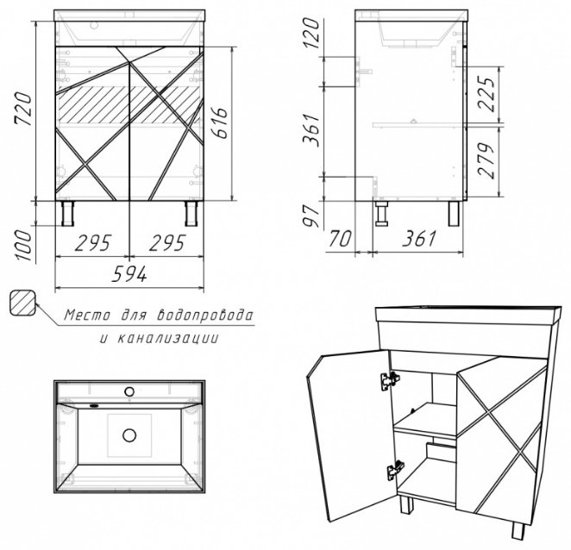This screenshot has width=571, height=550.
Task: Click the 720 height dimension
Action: pyautogui.click(x=23, y=109)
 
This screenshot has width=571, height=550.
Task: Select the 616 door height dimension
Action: pyautogui.click(x=220, y=123)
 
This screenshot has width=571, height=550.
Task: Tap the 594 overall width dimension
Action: pyautogui.click(x=129, y=274)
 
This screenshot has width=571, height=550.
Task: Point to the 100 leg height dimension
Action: pyautogui.click(x=24, y=246)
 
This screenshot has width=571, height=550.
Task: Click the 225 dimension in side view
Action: pyautogui.click(x=486, y=94)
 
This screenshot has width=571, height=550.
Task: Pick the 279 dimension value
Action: pyautogui.click(x=486, y=160)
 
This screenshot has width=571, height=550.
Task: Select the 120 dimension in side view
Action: pyautogui.click(x=311, y=33)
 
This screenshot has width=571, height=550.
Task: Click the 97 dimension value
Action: pyautogui.click(x=311, y=216)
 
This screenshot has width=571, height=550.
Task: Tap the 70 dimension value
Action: pyautogui.click(x=340, y=239)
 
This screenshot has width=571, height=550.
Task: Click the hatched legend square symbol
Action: pyautogui.click(x=22, y=303)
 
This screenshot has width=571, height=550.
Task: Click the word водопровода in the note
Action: pyautogui.click(x=204, y=316)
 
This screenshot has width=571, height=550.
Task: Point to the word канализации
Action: pyautogui.click(x=168, y=339)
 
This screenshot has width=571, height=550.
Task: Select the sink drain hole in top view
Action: pyautogui.click(x=129, y=435)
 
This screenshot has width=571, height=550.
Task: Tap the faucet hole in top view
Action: pyautogui.click(x=129, y=391)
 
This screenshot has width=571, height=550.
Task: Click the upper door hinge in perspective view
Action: pyautogui.click(x=390, y=381)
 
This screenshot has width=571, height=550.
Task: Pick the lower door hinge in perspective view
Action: pyautogui.click(x=396, y=470)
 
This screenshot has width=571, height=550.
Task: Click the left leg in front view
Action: pyautogui.click(x=68, y=213)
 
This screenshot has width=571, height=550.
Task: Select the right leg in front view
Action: pyautogui.click(x=191, y=213)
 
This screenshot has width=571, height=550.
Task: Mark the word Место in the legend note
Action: pyautogui.click(x=87, y=316)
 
